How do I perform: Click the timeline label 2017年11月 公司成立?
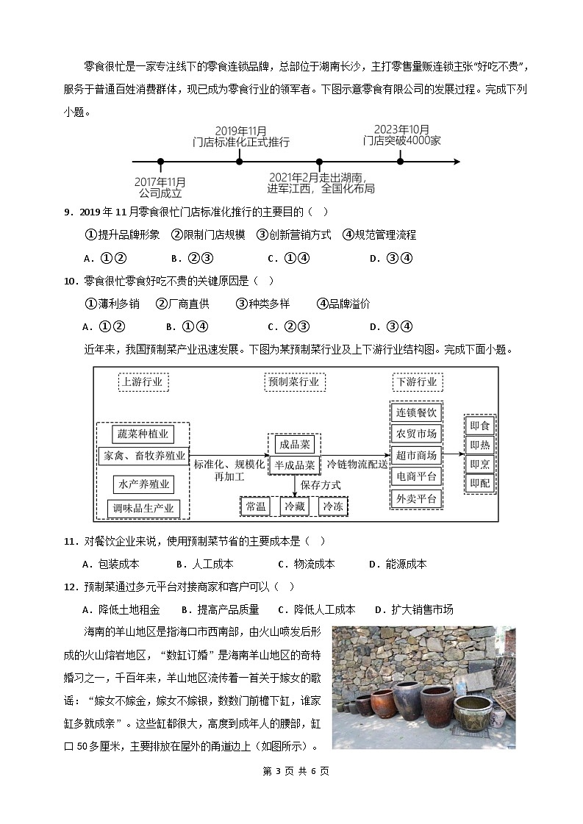pos(160,187)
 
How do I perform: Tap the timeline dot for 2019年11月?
pos(240,161)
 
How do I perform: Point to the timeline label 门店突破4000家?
pos(401,140)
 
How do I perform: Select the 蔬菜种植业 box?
pos(143,434)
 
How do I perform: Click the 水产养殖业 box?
pos(143,484)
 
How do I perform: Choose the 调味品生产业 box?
pos(143,508)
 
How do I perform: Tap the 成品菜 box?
pos(294,445)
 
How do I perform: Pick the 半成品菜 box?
pos(294,465)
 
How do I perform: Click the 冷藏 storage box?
pos(295,506)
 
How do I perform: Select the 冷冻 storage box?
pos(332,506)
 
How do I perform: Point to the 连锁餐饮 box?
pos(416,412)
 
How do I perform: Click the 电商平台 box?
pos(416,476)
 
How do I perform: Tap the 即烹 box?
pos(480,465)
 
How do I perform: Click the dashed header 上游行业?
pos(143,382)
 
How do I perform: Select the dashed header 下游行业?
pos(417,382)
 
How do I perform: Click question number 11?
pos(71,542)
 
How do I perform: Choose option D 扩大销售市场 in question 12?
pos(413,609)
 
